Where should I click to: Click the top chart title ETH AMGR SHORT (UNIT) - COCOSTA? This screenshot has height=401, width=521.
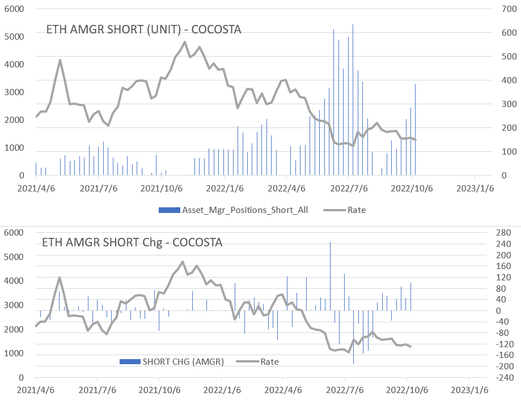144,29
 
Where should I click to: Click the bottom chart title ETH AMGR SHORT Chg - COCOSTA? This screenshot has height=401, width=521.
132,243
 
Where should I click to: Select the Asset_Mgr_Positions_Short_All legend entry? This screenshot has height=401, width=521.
234,210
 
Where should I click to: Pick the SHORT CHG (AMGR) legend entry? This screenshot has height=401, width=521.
172,361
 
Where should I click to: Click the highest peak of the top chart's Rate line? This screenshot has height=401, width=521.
185,42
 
